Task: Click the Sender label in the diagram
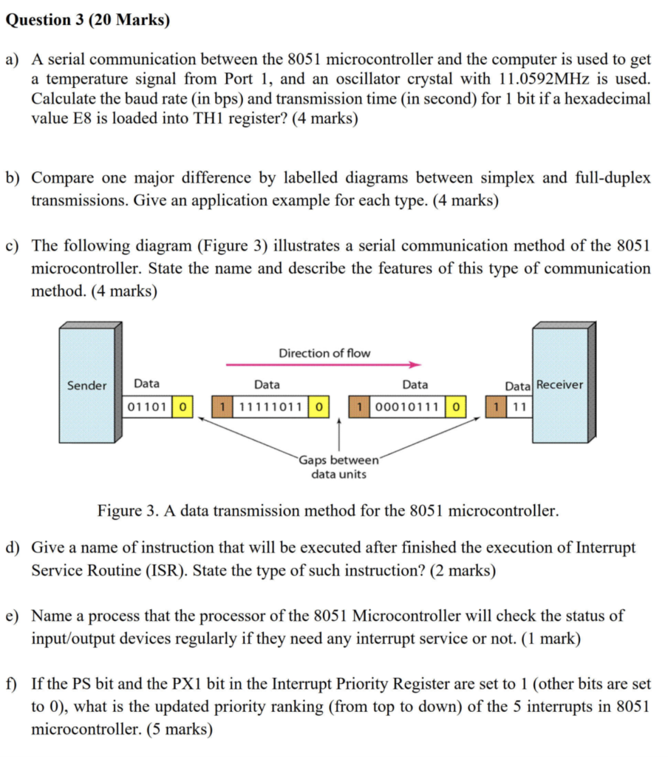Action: [x=86, y=385]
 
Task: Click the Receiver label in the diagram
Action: [x=559, y=384]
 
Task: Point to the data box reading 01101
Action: [x=146, y=407]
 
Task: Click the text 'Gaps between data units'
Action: [x=338, y=467]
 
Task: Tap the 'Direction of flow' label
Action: [x=324, y=353]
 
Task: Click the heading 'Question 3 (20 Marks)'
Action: [x=87, y=20]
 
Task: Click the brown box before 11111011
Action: [x=221, y=407]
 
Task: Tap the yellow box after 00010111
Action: [x=457, y=407]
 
